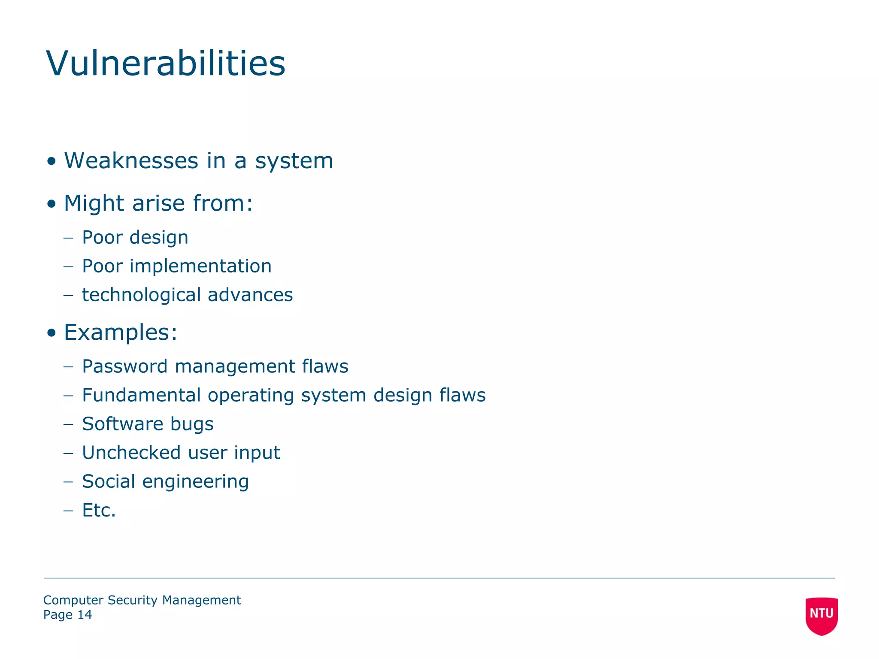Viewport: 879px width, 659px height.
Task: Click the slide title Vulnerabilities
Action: pos(166,63)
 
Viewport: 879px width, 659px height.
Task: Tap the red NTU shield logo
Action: pos(821,615)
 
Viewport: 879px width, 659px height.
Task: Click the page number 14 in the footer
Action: pos(85,615)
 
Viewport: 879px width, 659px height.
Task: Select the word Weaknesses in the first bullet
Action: pos(131,161)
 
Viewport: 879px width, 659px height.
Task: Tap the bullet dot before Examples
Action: pos(52,333)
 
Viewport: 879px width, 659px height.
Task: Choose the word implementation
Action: pos(200,266)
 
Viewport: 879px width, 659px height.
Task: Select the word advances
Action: pos(250,295)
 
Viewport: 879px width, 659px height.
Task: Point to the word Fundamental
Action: pos(142,395)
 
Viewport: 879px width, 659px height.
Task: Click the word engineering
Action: pos(195,482)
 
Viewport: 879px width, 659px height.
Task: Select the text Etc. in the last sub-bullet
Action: pos(99,510)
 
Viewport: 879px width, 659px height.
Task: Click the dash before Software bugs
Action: pos(68,424)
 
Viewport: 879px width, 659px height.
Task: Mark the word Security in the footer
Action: pos(133,600)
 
